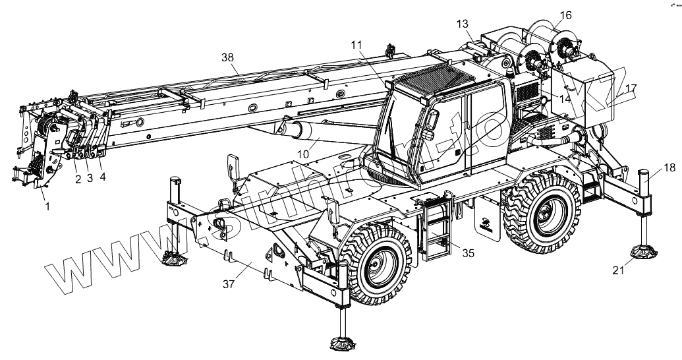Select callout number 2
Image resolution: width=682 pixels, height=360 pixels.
78,179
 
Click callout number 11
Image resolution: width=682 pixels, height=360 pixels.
356,45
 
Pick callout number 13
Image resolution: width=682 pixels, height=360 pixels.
462,24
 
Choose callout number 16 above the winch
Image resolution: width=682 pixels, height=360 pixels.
566,15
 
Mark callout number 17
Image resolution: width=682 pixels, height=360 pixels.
631,88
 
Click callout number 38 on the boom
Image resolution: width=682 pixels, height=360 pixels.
228,57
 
